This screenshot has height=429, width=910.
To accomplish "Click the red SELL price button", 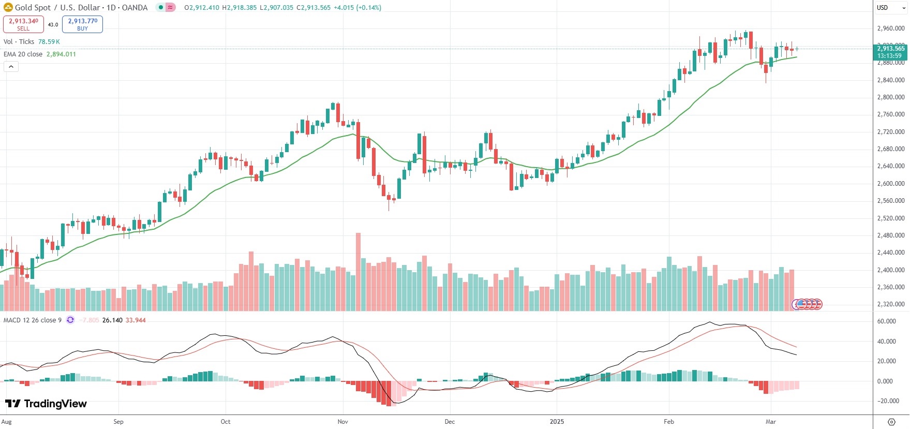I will (x=23, y=24).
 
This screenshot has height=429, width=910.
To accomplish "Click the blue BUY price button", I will (x=82, y=24).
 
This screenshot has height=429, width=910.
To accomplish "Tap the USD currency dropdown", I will (x=891, y=8).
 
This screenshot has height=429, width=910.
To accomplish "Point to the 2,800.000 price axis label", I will (x=890, y=97).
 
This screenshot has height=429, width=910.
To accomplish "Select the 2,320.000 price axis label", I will (x=890, y=304).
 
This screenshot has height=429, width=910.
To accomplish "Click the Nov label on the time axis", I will (x=342, y=422).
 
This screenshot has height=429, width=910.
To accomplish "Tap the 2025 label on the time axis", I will (x=557, y=422).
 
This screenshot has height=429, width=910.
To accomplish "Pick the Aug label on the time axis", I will (x=7, y=422).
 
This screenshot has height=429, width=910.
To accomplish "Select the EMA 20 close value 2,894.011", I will (x=61, y=54).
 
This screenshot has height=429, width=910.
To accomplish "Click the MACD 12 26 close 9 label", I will (x=33, y=320).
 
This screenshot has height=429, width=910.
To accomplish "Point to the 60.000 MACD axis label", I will (x=886, y=321).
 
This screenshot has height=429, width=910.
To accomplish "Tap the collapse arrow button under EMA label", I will (x=11, y=67).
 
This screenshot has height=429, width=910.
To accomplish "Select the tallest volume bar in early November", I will (x=358, y=272).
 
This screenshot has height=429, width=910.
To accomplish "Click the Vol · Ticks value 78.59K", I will (x=49, y=42).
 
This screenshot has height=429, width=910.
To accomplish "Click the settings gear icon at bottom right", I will (x=891, y=422).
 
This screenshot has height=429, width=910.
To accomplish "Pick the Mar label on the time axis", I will (x=771, y=422).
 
